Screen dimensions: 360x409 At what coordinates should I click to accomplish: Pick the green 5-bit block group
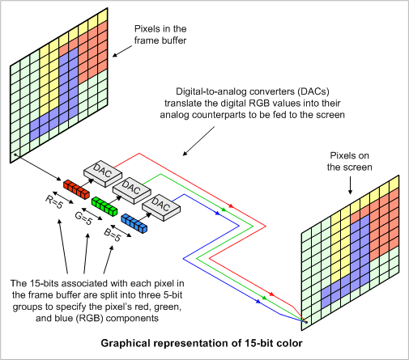tap(104, 205)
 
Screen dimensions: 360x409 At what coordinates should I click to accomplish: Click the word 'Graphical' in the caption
tap(126, 342)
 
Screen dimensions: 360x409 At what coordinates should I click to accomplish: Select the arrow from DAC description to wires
tap(194, 142)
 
